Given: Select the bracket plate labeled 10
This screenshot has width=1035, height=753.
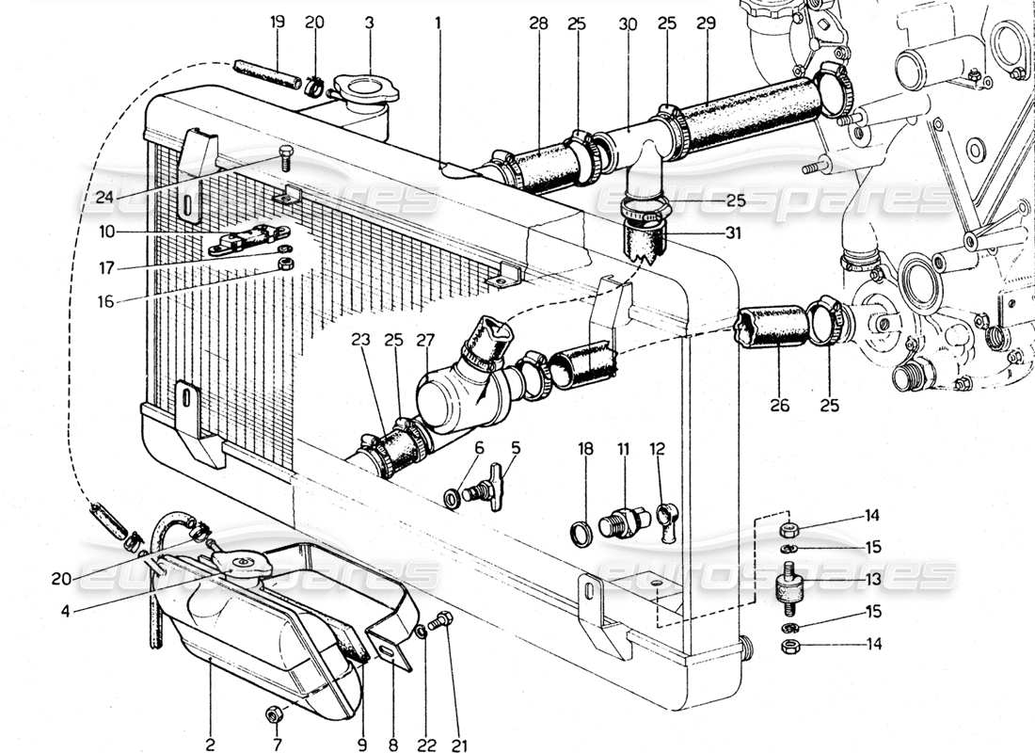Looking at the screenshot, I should click(x=247, y=243).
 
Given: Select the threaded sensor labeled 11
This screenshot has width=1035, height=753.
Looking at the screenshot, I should click(x=624, y=519).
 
